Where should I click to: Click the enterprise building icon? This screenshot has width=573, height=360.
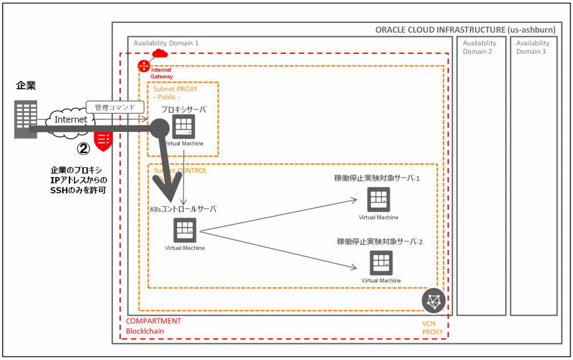point(26,119)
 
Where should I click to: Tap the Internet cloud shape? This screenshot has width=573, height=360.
point(70,120)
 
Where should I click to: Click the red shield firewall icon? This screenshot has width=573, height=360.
point(103,140)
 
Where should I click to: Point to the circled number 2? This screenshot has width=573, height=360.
point(84,148)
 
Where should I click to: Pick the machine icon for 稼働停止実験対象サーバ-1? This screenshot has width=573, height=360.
point(378,199)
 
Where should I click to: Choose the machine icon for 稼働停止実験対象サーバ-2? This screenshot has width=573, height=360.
point(381,263)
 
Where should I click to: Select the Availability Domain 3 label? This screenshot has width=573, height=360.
point(533,47)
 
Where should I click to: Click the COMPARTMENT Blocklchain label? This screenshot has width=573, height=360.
point(154,326)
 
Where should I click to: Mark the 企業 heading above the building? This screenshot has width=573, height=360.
point(26,86)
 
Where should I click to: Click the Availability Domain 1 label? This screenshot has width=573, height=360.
point(166,43)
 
